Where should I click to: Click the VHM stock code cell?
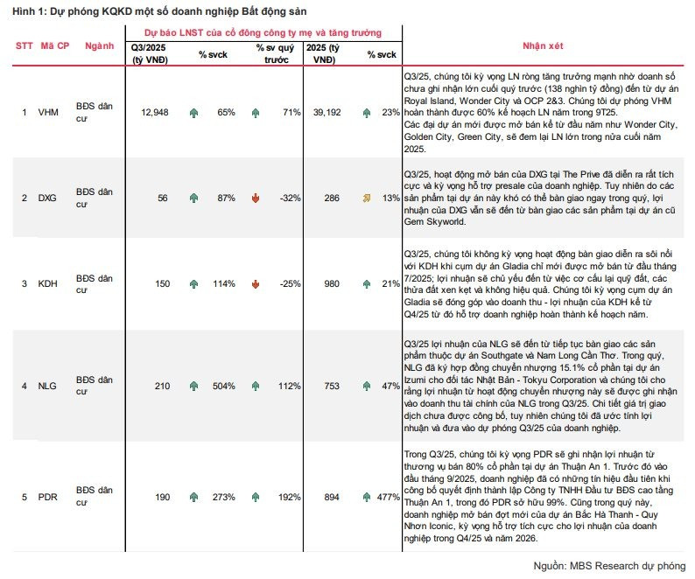point(48,112)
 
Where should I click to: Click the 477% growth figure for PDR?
point(386,497)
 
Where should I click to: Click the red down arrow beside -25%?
point(256,284)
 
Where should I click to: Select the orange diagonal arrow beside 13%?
point(366,199)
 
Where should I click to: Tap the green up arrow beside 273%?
point(193,497)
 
